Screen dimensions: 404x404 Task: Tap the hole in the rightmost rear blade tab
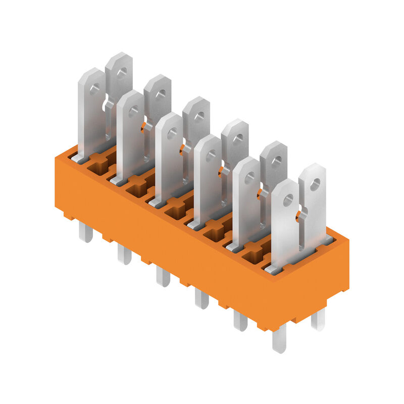pyautogui.click(x=315, y=184)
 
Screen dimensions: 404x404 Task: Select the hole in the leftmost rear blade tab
pyautogui.click(x=122, y=73)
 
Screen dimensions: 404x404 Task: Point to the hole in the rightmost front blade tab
pyautogui.click(x=288, y=200)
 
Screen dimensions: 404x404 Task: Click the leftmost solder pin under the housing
pyautogui.click(x=85, y=233)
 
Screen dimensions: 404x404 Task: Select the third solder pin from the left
pyautogui.click(x=163, y=277)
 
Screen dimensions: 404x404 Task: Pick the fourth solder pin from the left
pyautogui.click(x=201, y=299)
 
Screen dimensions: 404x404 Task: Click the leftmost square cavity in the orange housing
pyautogui.click(x=97, y=166)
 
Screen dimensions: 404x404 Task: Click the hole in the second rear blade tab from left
pyautogui.click(x=160, y=94)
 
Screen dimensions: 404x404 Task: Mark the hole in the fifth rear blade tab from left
pyautogui.click(x=276, y=162)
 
